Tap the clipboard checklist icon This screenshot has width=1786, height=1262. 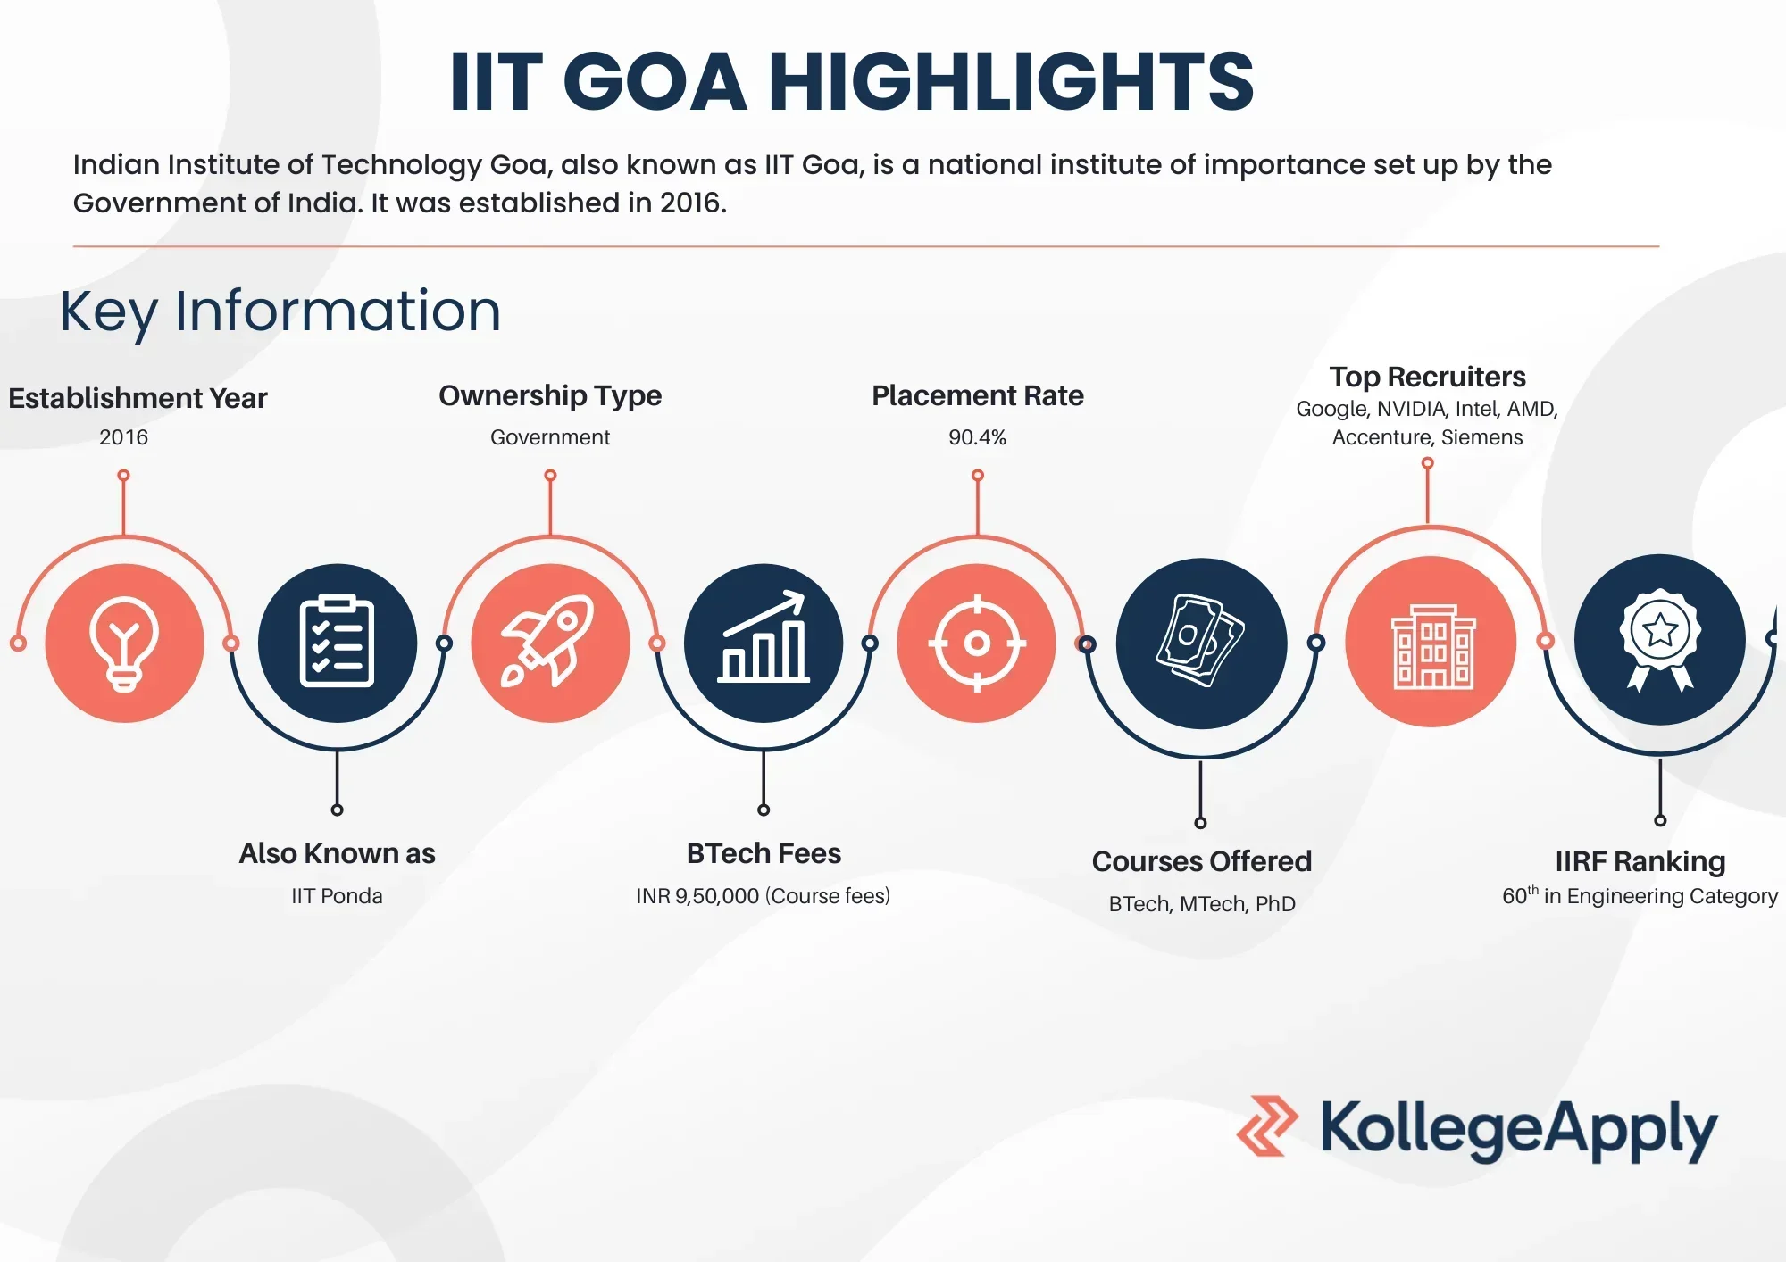pos(337,641)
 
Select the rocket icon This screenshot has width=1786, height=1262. pos(548,641)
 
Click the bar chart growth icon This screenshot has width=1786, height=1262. pos(764,637)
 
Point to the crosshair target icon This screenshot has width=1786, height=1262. pos(977,643)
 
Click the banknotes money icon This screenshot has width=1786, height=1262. pos(1200,641)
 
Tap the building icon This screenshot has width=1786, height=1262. pos(1433,646)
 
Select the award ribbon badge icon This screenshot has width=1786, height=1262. pos(1660,640)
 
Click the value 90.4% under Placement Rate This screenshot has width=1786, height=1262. pos(977,437)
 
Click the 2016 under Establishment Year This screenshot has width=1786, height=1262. pos(123,437)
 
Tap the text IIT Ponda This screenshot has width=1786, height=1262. pos(337,896)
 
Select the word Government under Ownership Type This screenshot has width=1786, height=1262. pos(550,437)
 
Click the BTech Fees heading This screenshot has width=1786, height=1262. pos(764,853)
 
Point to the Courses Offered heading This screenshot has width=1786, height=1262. pos(1202,861)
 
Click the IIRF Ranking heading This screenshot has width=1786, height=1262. pos(1640,861)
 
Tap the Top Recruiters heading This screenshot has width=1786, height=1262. pos(1427,377)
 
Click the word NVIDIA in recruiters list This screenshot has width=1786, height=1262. pos(1411,409)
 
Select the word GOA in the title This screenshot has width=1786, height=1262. pos(655,81)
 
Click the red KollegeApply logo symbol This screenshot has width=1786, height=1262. pos(1266,1126)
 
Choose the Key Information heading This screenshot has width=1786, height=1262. pos(280,311)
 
